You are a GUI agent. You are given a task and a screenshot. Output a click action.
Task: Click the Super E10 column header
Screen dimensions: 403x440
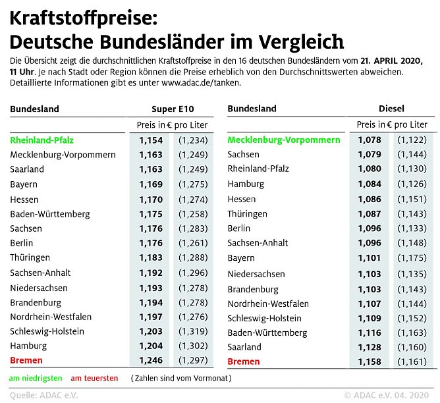(173, 109)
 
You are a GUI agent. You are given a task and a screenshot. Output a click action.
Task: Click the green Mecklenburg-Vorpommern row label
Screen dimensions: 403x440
(283, 140)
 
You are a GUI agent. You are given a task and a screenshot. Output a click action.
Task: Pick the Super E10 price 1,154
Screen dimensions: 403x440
(150, 140)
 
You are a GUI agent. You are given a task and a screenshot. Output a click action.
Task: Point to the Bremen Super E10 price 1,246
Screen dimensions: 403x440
(150, 360)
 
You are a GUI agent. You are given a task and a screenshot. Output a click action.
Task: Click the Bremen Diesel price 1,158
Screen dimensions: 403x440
(370, 362)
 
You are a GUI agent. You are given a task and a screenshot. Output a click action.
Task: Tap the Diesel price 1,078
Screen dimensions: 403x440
(370, 140)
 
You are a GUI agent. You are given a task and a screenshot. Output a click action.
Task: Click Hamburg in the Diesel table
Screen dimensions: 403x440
(246, 184)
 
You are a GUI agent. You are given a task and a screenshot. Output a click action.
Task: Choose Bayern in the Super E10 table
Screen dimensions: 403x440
(23, 184)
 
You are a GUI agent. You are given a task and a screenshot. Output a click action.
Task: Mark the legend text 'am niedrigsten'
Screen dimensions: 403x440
(36, 379)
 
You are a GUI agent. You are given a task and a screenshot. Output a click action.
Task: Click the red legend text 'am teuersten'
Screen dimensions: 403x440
(95, 379)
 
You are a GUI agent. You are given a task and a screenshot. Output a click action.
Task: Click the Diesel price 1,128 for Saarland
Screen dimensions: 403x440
(370, 346)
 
